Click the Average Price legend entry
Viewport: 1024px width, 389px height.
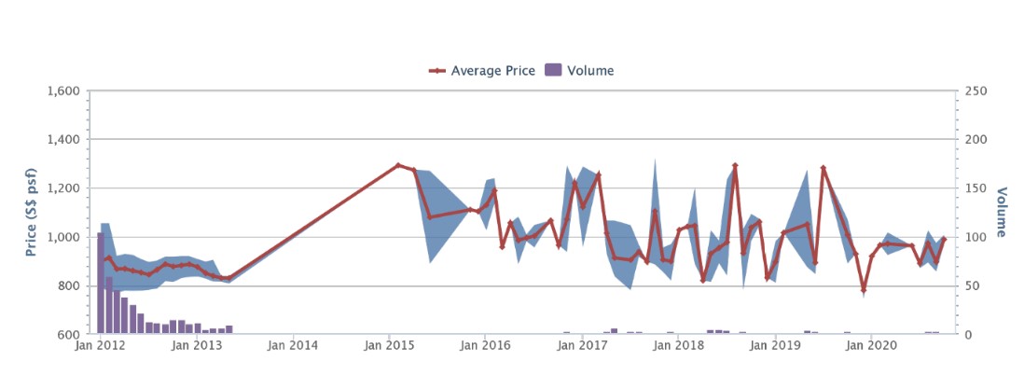pos(482,70)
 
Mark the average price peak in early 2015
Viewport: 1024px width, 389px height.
pos(398,165)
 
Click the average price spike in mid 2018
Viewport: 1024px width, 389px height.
pos(735,166)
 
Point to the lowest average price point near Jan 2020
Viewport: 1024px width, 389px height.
pos(864,290)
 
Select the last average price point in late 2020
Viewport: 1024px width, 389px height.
pos(944,239)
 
